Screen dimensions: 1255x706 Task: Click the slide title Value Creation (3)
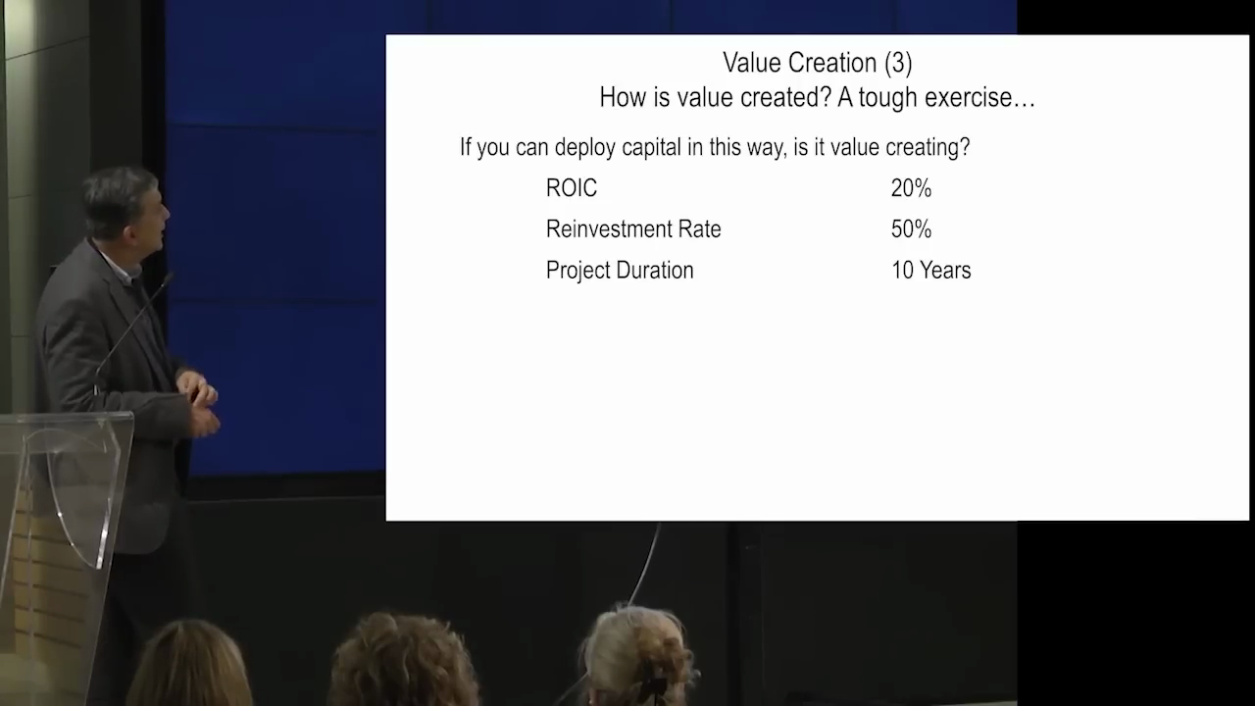818,63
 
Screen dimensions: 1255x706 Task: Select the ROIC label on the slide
572,188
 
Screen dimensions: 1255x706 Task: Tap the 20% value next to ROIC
911,188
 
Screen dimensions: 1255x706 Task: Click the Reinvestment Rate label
633,229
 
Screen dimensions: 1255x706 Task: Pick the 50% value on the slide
911,229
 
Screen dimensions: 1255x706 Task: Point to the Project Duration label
620,271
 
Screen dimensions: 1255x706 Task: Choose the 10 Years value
930,270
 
